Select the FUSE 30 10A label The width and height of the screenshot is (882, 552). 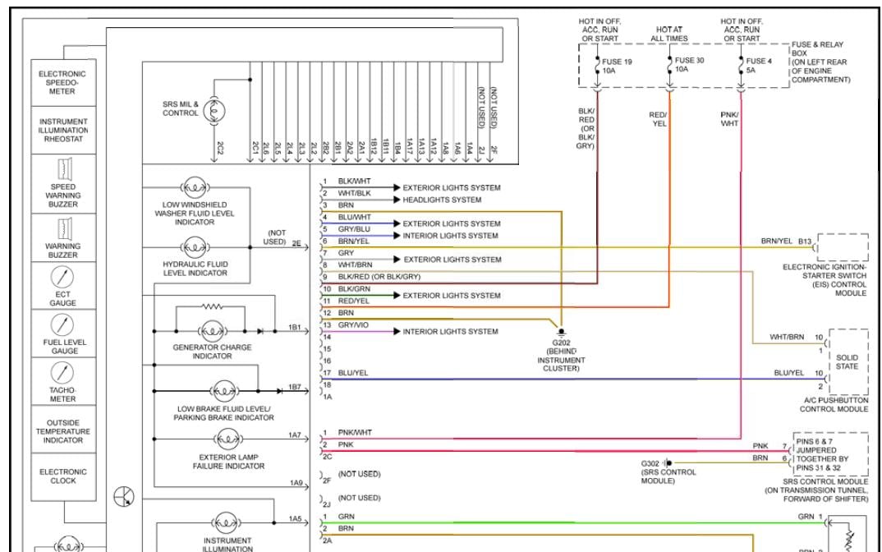[x=688, y=65]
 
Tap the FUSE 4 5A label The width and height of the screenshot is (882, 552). [x=758, y=66]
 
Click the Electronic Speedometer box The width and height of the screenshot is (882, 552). [x=62, y=82]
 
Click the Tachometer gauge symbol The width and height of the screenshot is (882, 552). [x=62, y=373]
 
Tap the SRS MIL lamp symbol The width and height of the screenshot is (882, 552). [x=215, y=108]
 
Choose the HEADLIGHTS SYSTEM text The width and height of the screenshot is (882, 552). [x=442, y=200]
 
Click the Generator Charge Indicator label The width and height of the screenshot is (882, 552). [x=212, y=352]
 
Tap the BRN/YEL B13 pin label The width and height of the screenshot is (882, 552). [x=787, y=241]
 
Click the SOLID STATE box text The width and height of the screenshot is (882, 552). [x=847, y=362]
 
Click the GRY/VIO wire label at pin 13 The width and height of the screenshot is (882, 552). [x=353, y=325]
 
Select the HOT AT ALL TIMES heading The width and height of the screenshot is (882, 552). [x=670, y=34]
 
